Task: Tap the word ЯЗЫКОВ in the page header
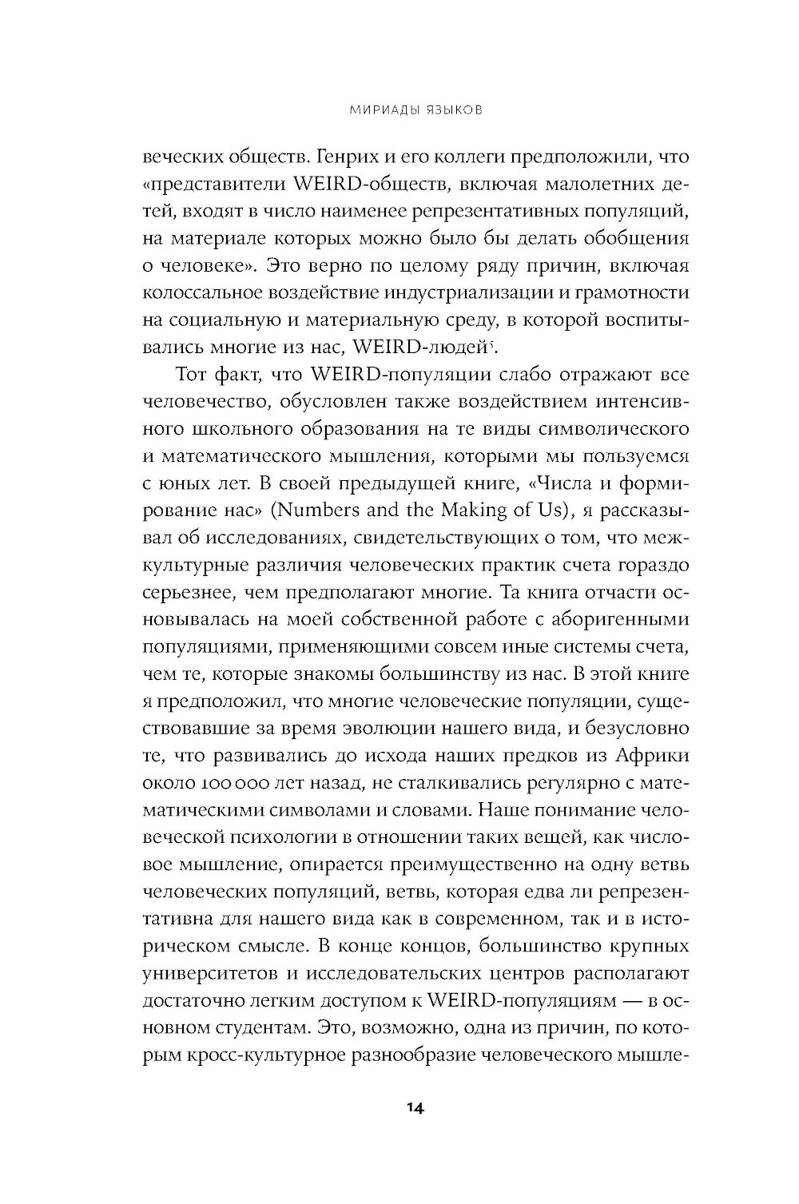click(x=452, y=111)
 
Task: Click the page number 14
click(x=415, y=1107)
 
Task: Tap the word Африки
click(x=651, y=755)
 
